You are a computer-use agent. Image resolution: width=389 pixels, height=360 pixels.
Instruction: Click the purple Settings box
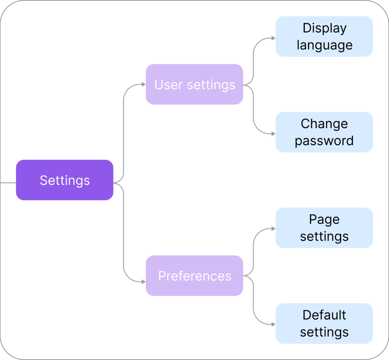pos(65,180)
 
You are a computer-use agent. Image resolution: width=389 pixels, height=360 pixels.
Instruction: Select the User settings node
pos(194,84)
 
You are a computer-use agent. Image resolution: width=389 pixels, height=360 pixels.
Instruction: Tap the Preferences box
pos(194,276)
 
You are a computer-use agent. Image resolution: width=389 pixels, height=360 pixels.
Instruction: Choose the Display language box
pos(324,36)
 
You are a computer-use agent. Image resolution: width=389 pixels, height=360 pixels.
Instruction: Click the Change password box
pos(324,132)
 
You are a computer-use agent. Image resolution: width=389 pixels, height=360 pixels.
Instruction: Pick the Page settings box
pos(324,228)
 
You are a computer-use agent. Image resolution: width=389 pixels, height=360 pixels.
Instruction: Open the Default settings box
pos(324,323)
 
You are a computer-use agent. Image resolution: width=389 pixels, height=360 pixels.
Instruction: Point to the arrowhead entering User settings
pos(143,84)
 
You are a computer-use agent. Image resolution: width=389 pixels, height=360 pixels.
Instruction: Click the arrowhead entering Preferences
pos(143,281)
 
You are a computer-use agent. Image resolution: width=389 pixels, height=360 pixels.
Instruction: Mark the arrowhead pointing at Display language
pos(273,38)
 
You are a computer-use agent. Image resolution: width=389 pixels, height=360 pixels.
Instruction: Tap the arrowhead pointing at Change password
pos(273,134)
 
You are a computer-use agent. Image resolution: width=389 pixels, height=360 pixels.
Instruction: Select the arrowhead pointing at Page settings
pos(273,229)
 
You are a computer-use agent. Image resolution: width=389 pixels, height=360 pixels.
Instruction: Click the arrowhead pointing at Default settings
pos(273,324)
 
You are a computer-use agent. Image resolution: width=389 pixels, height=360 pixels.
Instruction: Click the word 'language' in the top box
pos(324,45)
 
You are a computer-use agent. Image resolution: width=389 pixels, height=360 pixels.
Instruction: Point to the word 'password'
pos(324,141)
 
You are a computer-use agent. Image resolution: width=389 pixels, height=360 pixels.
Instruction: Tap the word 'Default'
pos(324,315)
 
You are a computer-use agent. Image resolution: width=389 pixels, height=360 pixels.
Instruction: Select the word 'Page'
pos(324,219)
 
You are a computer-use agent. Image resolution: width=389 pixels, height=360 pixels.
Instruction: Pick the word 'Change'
pos(324,124)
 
